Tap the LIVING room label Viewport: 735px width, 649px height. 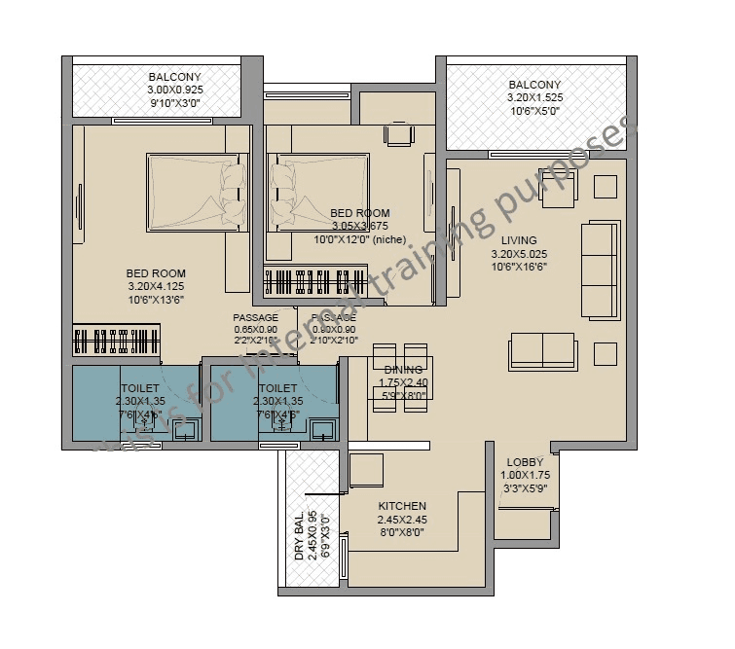(x=519, y=240)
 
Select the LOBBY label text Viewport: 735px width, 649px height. (x=525, y=463)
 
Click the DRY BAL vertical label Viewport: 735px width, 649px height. (x=300, y=535)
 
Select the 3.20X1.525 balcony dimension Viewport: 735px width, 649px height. (x=534, y=98)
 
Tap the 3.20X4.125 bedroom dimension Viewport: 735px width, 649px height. (x=156, y=287)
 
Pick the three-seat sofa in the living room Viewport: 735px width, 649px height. (x=599, y=270)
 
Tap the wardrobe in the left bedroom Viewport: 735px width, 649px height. (x=117, y=342)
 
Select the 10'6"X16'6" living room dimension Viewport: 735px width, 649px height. (x=519, y=266)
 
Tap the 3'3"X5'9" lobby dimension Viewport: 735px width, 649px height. (x=525, y=488)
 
